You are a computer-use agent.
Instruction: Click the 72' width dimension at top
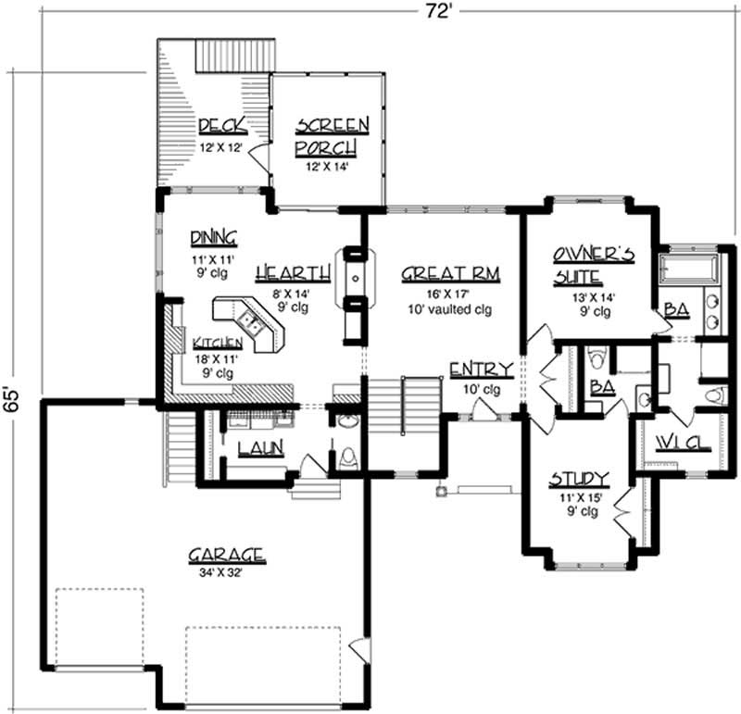[x=436, y=11]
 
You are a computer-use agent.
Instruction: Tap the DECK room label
[x=220, y=125]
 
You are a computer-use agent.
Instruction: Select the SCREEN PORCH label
[x=332, y=135]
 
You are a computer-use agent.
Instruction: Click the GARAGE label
[x=227, y=555]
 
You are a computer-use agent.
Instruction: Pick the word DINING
[x=213, y=235]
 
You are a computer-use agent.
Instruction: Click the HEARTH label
[x=293, y=272]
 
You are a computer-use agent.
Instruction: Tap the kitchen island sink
[x=251, y=322]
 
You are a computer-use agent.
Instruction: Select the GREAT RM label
[x=437, y=273]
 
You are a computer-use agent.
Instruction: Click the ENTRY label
[x=475, y=371]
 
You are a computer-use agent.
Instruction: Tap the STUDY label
[x=579, y=479]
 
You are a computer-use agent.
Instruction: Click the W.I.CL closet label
[x=680, y=443]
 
